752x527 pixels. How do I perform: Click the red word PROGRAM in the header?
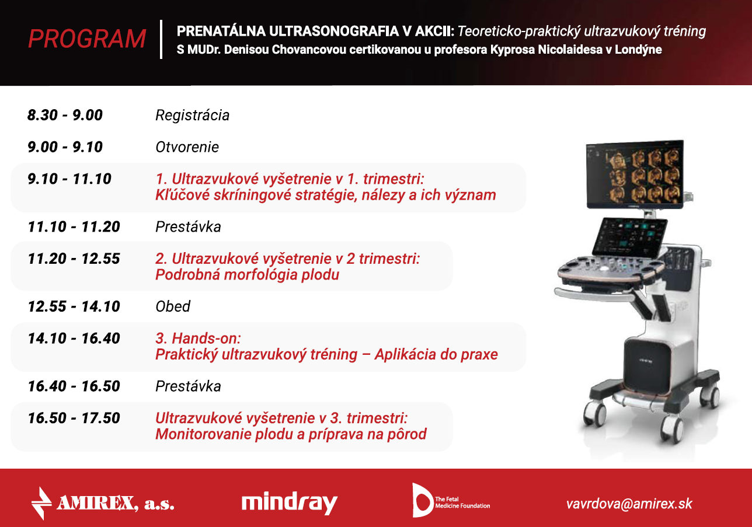(87, 39)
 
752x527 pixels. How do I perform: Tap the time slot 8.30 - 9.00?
(65, 115)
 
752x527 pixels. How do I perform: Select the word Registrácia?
(192, 116)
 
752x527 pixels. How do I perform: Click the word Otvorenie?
(187, 147)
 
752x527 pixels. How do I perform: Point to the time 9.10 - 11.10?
(69, 179)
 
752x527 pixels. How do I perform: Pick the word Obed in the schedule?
(173, 306)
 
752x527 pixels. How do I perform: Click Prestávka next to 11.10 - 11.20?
(188, 227)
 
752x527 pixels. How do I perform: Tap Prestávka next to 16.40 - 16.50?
(188, 386)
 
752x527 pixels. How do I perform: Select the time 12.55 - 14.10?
(74, 306)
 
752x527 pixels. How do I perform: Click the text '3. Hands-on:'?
(198, 338)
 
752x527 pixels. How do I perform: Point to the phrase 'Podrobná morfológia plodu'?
(248, 275)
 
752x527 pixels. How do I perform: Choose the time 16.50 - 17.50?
(74, 418)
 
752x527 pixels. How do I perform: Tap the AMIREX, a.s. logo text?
(102, 503)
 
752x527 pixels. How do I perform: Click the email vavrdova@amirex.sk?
(629, 504)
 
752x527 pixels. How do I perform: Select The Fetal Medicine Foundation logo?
(451, 501)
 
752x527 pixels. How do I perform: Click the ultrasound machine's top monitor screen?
(635, 174)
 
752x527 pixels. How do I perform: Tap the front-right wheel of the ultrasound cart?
(672, 430)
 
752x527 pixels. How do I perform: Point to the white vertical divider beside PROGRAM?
(161, 39)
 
